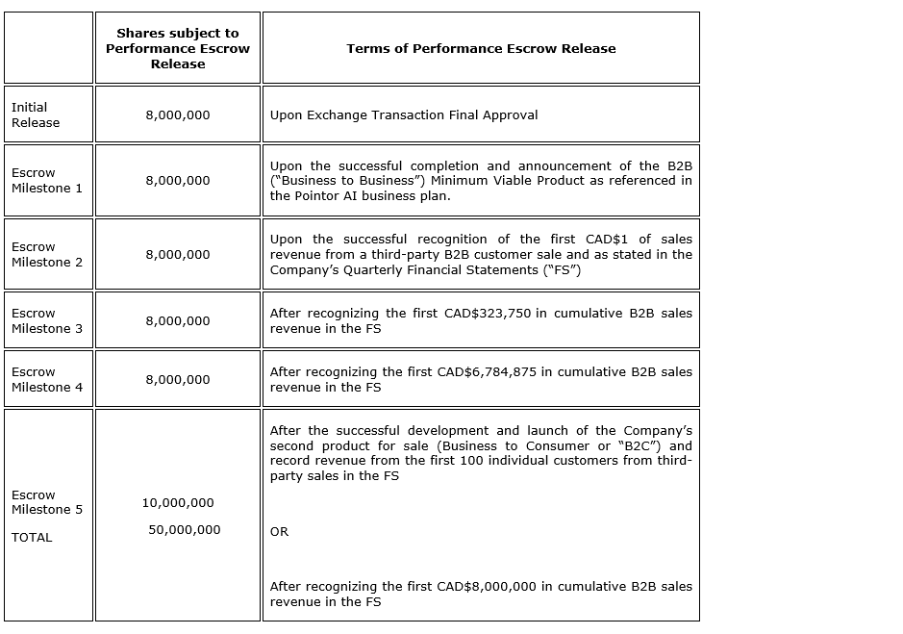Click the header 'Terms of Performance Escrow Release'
click(x=481, y=48)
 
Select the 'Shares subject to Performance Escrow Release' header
click(x=178, y=48)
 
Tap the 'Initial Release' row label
click(x=36, y=114)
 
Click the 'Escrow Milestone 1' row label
click(x=47, y=180)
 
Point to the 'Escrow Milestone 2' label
click(x=47, y=254)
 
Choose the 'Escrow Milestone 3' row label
click(x=47, y=320)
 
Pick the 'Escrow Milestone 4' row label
click(x=47, y=379)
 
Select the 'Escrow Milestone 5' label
click(x=47, y=502)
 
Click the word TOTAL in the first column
click(x=32, y=537)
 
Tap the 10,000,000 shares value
click(x=178, y=502)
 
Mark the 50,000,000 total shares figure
click(x=185, y=529)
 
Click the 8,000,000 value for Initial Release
click(x=178, y=114)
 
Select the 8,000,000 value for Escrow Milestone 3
click(x=178, y=320)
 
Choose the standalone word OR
click(x=279, y=531)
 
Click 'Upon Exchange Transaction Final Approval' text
click(x=404, y=114)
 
